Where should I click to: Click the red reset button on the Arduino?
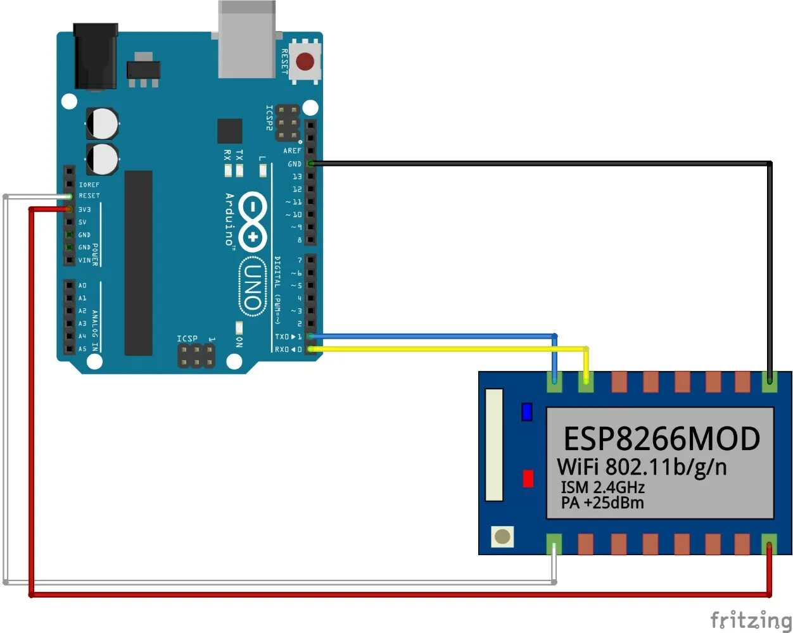[x=305, y=61]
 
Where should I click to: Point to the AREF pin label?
[x=293, y=151]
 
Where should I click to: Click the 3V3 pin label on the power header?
[x=85, y=210]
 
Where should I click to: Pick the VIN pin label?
[x=84, y=260]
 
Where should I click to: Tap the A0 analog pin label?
[x=82, y=285]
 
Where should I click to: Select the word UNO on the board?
[x=253, y=288]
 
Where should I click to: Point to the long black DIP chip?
[x=138, y=263]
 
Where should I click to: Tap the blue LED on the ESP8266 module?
[x=527, y=412]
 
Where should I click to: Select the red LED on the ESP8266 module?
[x=528, y=479]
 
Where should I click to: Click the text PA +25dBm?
[x=602, y=503]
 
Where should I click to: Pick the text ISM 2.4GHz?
[x=602, y=487]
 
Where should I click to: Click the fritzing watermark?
[x=751, y=619]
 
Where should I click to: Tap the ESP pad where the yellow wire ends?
[x=586, y=381]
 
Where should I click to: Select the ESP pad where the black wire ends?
[x=770, y=381]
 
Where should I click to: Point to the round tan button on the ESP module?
[x=502, y=537]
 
